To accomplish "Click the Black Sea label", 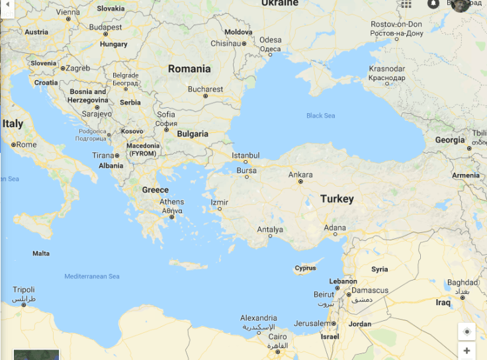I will pyautogui.click(x=320, y=116).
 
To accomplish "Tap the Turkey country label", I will pyautogui.click(x=337, y=199).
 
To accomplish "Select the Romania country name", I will pyautogui.click(x=189, y=69).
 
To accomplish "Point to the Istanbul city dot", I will pyautogui.click(x=245, y=161).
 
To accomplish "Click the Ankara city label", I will pyautogui.click(x=300, y=175).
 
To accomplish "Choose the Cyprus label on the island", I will pyautogui.click(x=306, y=268).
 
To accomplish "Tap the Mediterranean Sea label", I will pyautogui.click(x=92, y=276).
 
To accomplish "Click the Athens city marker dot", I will pyautogui.click(x=172, y=216).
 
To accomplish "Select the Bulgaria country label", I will pyautogui.click(x=192, y=134).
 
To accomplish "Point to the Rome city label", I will pyautogui.click(x=26, y=144).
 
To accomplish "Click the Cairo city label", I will pyautogui.click(x=277, y=337).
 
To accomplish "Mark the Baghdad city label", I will pyautogui.click(x=462, y=283).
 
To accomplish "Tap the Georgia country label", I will pyautogui.click(x=450, y=140).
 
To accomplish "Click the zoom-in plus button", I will pyautogui.click(x=466, y=351).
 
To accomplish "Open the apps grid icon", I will pyautogui.click(x=406, y=4).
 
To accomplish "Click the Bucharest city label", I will pyautogui.click(x=205, y=89).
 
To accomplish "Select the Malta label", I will pyautogui.click(x=41, y=253).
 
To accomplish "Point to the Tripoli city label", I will pyautogui.click(x=24, y=290).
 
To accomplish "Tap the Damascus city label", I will pyautogui.click(x=370, y=290).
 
